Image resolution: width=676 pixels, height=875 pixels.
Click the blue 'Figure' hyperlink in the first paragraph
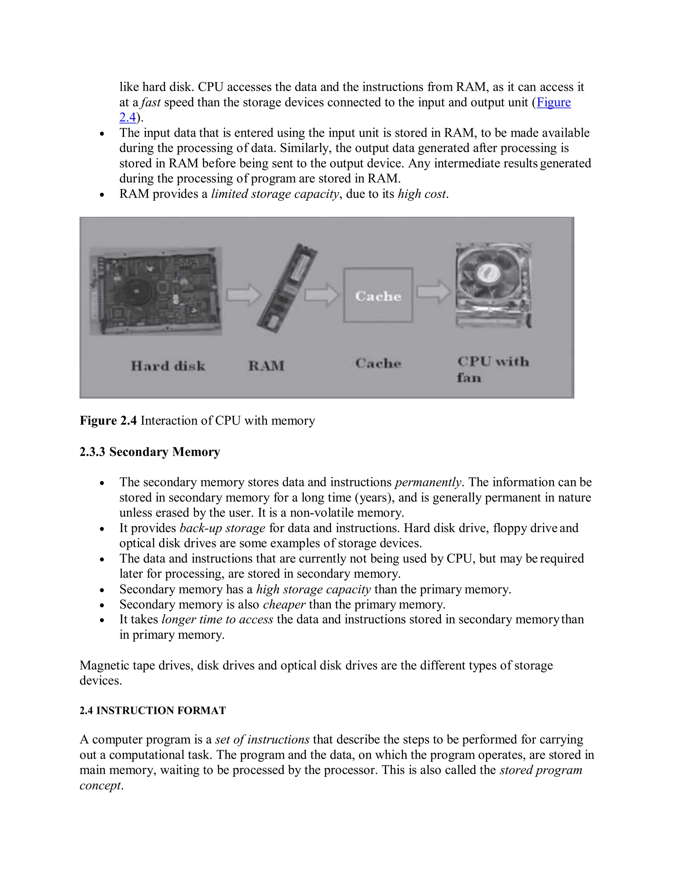coord(554,103)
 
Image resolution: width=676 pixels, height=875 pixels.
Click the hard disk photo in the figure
coord(155,291)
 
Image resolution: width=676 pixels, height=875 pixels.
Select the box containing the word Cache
coord(378,295)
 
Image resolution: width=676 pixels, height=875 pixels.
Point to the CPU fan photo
coord(494,285)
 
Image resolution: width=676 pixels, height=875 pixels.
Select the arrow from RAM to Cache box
coord(321,295)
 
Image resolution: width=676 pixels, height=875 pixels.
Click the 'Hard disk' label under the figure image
coord(168,366)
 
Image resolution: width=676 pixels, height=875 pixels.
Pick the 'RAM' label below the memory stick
coord(266,366)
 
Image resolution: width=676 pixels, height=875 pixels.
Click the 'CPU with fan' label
coord(492,369)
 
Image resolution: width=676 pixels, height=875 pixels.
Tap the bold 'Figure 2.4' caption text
coord(108,421)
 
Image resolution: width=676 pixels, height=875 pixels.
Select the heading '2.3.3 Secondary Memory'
coord(150,452)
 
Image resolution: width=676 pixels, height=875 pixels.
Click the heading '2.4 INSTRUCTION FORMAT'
coord(152,710)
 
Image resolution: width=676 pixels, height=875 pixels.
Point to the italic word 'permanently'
coord(428,482)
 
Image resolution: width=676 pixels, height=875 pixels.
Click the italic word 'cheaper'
coord(284,604)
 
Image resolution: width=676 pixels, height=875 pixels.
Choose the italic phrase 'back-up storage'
coord(222,528)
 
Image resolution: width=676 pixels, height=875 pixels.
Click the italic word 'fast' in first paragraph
coord(151,103)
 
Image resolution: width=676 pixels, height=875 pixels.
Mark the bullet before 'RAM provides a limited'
coord(102,195)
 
